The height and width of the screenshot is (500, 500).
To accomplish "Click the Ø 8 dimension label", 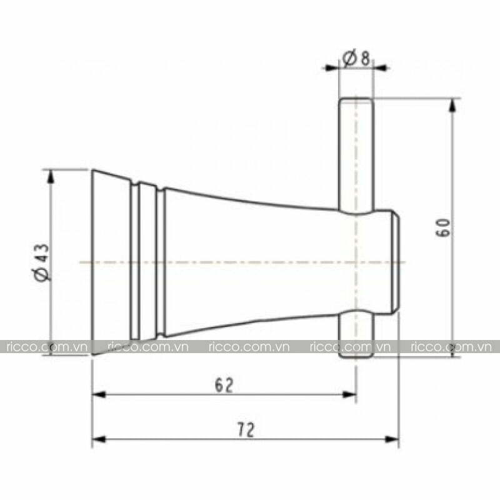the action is tap(356, 58).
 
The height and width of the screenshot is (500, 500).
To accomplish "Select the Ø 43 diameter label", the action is tap(42, 262).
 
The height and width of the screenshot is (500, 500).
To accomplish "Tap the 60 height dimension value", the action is tap(442, 227).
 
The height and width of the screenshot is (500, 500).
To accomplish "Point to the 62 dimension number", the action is tap(224, 385).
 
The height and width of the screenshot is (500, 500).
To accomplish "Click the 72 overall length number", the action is tap(246, 430).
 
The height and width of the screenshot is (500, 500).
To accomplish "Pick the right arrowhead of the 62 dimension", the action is tap(349, 395).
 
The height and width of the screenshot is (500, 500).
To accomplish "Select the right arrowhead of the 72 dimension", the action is tap(392, 439).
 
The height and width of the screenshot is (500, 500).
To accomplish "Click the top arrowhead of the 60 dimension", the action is tap(452, 105).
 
